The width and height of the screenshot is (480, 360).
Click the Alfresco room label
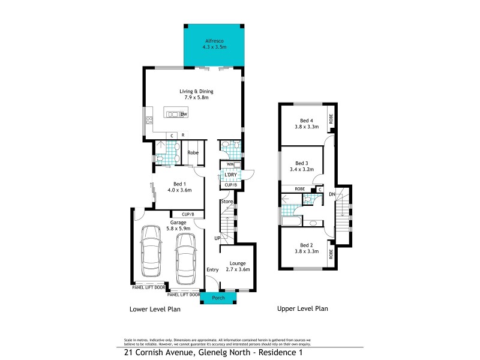(x=214, y=41)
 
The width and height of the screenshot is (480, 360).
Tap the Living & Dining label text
(x=196, y=95)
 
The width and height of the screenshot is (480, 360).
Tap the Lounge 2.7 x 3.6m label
(x=238, y=267)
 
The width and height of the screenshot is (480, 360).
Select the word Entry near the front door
(x=213, y=270)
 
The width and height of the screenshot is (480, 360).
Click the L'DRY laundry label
(x=230, y=175)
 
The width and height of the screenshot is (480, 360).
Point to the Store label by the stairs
(x=226, y=201)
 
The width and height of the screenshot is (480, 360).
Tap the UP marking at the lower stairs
(x=218, y=238)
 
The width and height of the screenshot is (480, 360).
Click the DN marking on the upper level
(x=332, y=194)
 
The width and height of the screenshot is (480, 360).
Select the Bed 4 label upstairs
(x=306, y=124)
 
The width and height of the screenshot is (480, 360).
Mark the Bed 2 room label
(x=306, y=248)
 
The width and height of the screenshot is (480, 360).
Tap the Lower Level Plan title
(x=155, y=310)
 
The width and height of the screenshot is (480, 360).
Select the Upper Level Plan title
(x=302, y=309)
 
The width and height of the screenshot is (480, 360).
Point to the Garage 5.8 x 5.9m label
(x=178, y=225)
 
